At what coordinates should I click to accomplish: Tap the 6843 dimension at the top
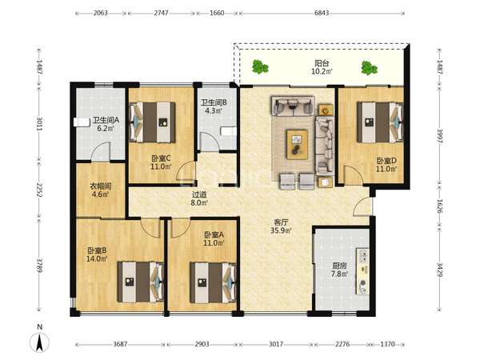(322, 13)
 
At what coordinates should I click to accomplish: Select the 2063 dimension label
(101, 13)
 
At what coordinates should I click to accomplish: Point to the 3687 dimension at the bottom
(120, 344)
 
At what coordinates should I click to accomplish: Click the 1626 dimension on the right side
(439, 206)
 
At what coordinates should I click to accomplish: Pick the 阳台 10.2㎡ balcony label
(322, 67)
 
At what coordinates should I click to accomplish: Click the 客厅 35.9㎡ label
(281, 226)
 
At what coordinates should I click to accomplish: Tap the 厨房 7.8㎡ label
(339, 270)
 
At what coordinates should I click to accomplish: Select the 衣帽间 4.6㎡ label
(101, 190)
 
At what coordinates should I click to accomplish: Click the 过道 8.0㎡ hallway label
(199, 198)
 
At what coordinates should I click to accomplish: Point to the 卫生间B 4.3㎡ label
(214, 106)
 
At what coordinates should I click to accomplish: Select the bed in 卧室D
(380, 122)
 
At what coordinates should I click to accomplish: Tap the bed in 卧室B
(141, 282)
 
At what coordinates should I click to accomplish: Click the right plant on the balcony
(369, 68)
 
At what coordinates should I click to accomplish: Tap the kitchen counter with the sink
(362, 271)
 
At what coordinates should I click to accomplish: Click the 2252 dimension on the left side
(39, 190)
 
